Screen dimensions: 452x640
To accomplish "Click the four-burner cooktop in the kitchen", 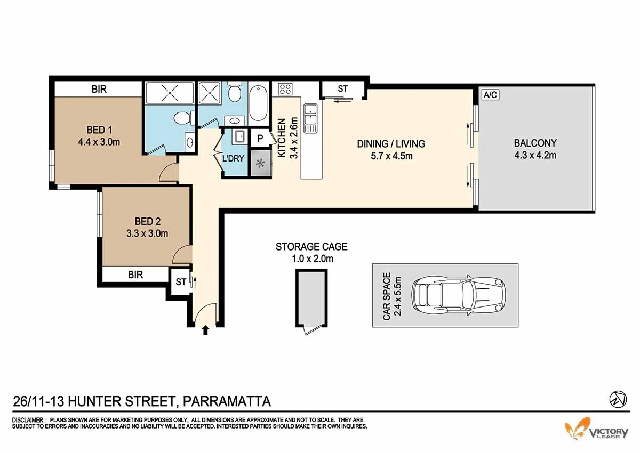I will (285, 89).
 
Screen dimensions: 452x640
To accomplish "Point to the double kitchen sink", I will (310, 118).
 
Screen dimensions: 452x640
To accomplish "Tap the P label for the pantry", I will (260, 138).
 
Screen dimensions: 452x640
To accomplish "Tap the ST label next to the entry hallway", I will (181, 282).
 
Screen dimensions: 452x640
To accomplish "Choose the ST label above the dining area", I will (342, 89).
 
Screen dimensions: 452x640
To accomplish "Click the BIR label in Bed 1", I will (99, 90).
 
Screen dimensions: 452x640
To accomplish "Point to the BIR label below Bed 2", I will (135, 275).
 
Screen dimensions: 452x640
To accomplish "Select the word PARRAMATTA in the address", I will (227, 401).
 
